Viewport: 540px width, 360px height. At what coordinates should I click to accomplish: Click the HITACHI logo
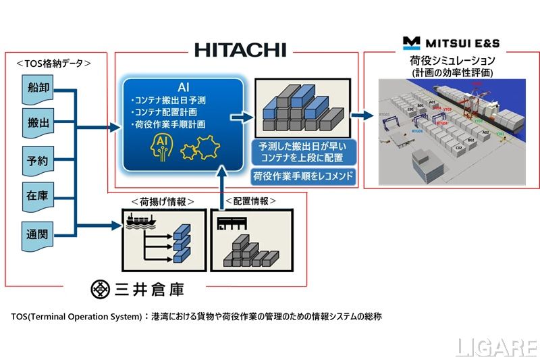240,49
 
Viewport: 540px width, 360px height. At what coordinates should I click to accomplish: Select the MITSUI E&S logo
451,43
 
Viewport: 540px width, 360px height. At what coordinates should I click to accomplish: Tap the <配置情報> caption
252,201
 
